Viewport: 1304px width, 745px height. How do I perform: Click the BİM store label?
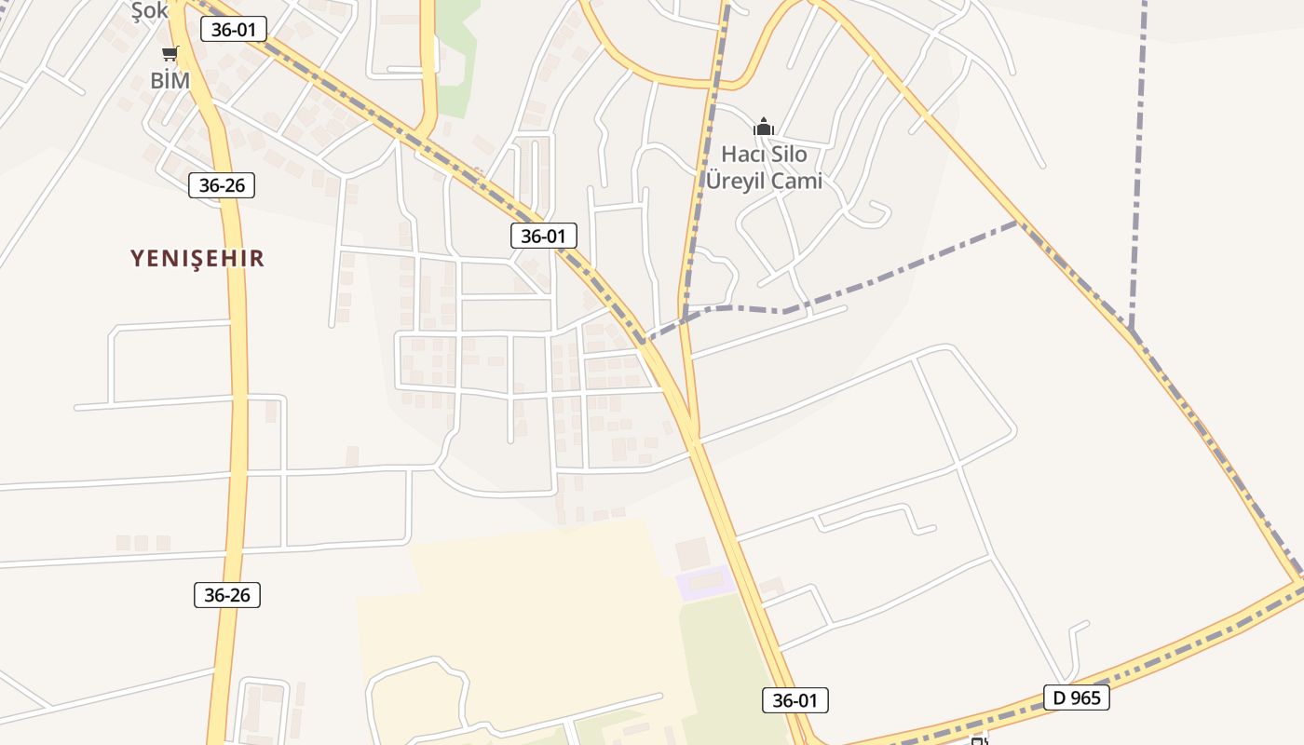point(170,81)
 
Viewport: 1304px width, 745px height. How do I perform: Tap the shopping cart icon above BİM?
point(170,53)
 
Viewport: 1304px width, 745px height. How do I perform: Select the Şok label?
point(149,10)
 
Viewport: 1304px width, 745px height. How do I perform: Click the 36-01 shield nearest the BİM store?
point(234,29)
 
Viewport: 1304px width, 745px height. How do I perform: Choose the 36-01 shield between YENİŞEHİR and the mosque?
point(543,236)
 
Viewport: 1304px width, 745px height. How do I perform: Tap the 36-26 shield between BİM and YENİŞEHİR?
point(222,184)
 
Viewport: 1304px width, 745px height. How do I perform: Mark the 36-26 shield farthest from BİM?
point(227,595)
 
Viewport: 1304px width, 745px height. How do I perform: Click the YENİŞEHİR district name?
point(197,258)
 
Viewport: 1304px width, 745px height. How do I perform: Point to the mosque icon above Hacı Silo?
point(764,127)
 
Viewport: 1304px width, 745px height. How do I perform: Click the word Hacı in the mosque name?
point(741,154)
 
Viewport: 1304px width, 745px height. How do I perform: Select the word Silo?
point(788,154)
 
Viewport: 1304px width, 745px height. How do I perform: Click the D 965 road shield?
point(1076,697)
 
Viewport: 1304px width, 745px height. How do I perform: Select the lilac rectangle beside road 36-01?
point(704,583)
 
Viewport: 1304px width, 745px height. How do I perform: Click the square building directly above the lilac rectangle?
point(691,553)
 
